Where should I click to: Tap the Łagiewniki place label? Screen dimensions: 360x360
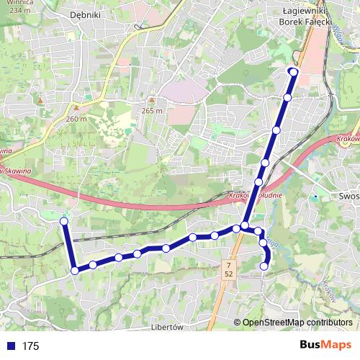(x=305, y=12)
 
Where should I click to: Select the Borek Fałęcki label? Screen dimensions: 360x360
(x=305, y=22)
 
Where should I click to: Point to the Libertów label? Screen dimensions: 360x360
(x=169, y=325)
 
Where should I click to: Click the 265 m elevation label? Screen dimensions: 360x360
(x=152, y=111)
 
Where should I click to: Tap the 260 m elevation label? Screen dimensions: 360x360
(x=76, y=119)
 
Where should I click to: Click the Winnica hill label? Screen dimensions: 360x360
(x=16, y=3)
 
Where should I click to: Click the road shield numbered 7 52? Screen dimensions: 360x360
(x=228, y=270)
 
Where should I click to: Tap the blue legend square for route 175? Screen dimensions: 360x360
(x=10, y=346)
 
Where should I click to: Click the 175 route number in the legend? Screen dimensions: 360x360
(x=30, y=346)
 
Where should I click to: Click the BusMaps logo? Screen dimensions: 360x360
(x=325, y=346)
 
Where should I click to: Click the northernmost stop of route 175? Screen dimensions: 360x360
(x=293, y=71)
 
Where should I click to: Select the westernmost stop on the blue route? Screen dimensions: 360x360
(x=64, y=221)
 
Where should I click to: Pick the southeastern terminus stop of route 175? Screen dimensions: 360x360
(x=264, y=266)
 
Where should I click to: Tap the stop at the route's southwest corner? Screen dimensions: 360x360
(x=75, y=271)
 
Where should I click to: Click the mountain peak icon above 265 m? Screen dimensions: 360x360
(x=152, y=100)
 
